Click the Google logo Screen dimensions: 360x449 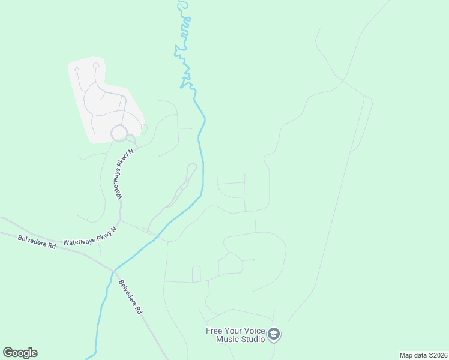tap(20, 353)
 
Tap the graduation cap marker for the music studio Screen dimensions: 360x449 tap(274, 334)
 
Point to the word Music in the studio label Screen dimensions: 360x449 tap(229, 339)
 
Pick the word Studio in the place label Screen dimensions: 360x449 tap(253, 339)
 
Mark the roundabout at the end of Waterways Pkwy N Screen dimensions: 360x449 tap(119, 133)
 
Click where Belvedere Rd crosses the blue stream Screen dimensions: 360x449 tap(112, 270)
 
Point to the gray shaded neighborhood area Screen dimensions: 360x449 tap(105, 99)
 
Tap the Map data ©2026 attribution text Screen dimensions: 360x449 tap(423, 355)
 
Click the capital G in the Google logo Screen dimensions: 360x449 tap(8, 353)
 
